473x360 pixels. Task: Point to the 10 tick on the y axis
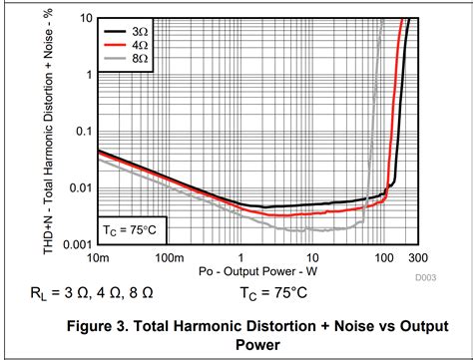tap(87, 19)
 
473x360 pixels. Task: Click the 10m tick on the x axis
tap(98, 258)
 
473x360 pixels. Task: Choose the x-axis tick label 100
tap(384, 258)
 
